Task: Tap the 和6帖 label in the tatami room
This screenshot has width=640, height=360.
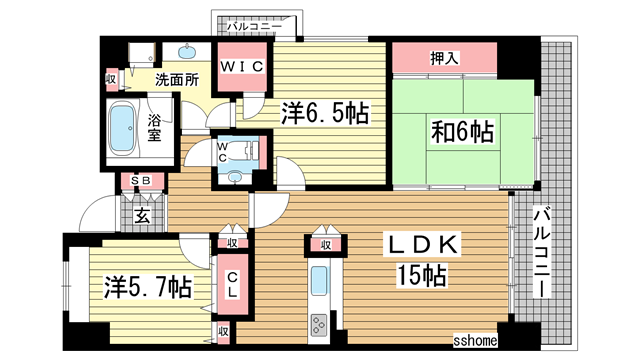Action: tap(461, 130)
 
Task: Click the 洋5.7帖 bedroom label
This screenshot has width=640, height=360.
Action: tap(146, 286)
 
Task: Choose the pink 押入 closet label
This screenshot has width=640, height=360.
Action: tap(445, 59)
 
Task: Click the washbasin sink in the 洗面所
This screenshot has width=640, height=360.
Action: tap(188, 49)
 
